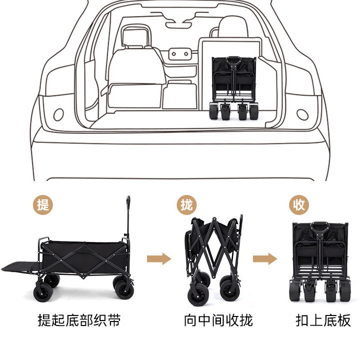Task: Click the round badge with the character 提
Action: point(43,204)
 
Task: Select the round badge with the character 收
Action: point(299,204)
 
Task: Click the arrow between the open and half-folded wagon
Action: point(158,258)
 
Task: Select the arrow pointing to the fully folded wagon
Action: point(264,258)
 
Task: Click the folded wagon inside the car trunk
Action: point(233,87)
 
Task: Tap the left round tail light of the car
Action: point(58,114)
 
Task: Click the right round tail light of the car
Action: point(302,114)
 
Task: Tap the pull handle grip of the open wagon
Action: point(128,202)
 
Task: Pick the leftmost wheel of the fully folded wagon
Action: point(294,293)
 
